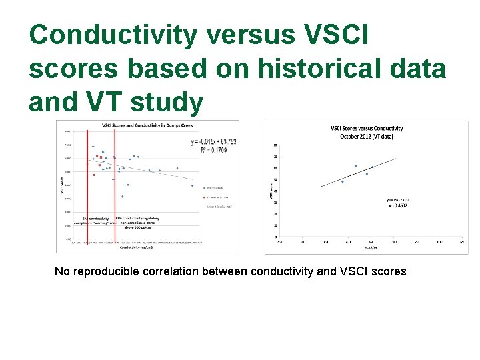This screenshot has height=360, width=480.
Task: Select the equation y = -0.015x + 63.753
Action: point(213,141)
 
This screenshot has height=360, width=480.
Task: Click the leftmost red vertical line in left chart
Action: point(88,180)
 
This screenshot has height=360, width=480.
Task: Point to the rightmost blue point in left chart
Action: point(192,186)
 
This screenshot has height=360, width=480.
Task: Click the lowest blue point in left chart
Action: point(122,197)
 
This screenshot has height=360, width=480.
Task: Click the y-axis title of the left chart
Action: point(61,180)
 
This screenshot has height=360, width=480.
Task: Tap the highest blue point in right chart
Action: point(356,166)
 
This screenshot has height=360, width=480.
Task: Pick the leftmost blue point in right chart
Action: point(343,181)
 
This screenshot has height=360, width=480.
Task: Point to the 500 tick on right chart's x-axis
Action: point(394,242)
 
